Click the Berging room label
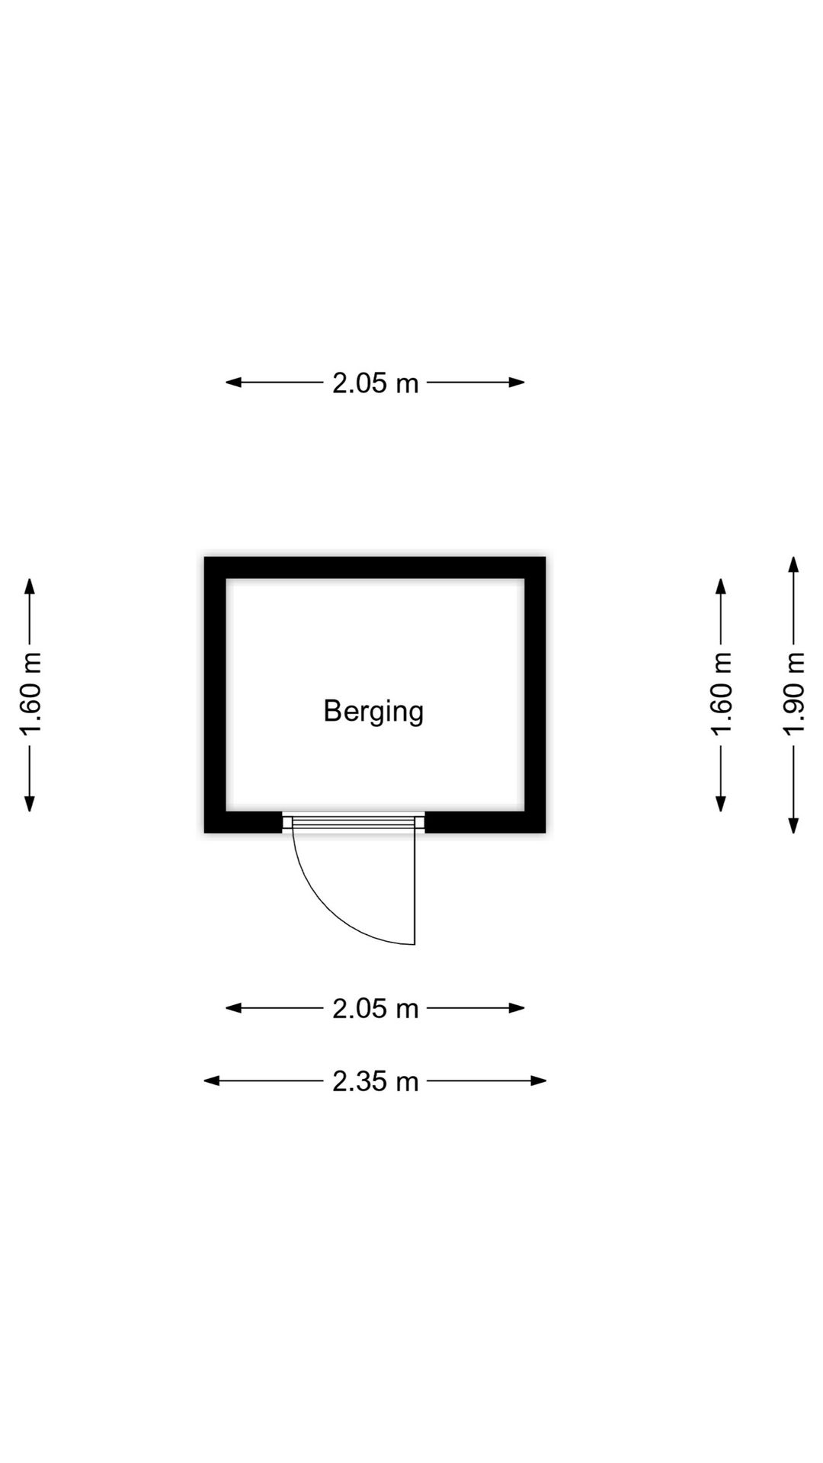pos(373,711)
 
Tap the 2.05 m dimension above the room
pos(375,383)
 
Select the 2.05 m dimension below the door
pos(375,1008)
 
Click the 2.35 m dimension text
pos(375,1080)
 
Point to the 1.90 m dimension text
pos(794,693)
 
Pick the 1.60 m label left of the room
pos(30,693)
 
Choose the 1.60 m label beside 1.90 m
pos(721,693)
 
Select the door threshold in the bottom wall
pos(354,821)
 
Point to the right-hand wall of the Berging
pos(535,693)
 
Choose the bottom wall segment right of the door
pos(485,822)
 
